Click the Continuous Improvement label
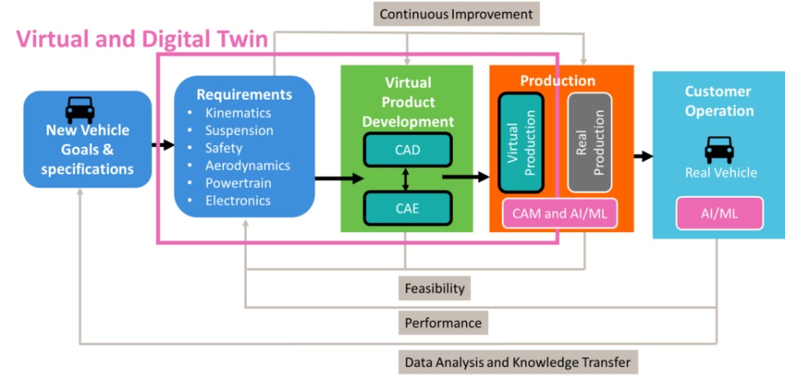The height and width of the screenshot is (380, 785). click(456, 14)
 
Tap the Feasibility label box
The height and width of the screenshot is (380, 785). click(434, 288)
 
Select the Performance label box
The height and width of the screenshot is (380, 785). click(443, 322)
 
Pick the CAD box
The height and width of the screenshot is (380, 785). click(407, 150)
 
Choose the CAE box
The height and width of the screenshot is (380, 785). click(407, 208)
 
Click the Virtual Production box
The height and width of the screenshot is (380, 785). click(521, 143)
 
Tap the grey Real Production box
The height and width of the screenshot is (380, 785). click(590, 143)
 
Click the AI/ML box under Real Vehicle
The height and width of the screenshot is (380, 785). click(719, 213)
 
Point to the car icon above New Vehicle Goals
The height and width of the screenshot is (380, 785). click(79, 109)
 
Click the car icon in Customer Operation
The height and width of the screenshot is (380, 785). click(719, 148)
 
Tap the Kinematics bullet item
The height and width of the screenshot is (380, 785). click(237, 113)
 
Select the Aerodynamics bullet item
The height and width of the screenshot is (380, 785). click(247, 165)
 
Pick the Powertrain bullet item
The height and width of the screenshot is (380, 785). click(240, 182)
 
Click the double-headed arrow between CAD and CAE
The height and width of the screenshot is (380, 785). click(406, 179)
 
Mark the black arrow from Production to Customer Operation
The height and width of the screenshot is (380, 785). click(644, 155)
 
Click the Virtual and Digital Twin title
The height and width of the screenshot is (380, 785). click(141, 39)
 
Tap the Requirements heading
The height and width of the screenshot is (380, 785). click(244, 94)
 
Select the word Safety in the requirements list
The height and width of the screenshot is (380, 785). click(223, 148)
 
